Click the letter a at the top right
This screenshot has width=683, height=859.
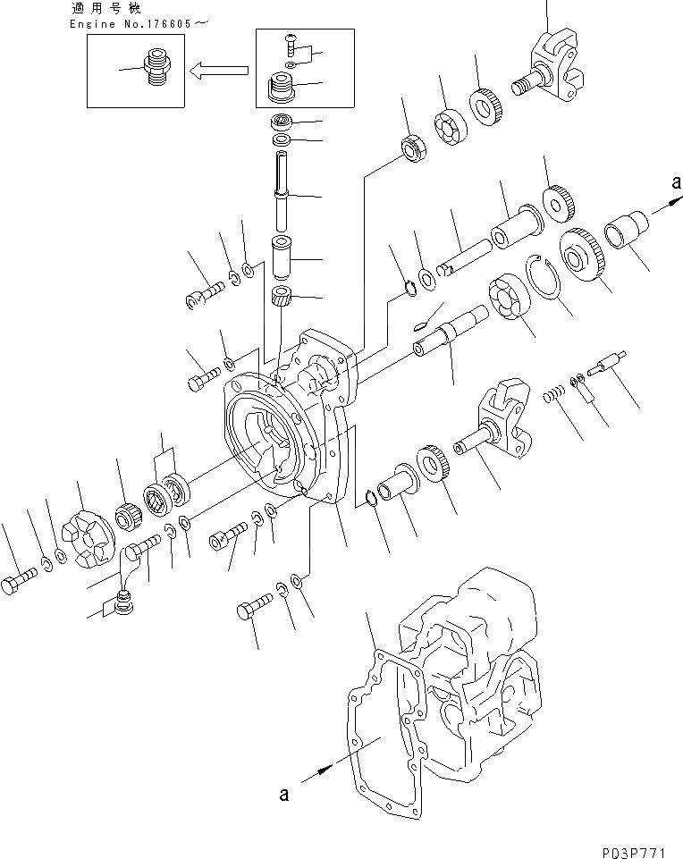coord(672,182)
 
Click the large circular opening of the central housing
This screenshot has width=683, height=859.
coord(266,442)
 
